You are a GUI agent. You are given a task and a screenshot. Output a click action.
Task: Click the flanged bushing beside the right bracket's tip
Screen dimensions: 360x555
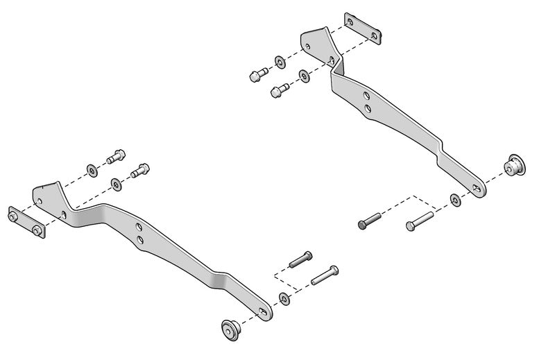(x=514, y=164)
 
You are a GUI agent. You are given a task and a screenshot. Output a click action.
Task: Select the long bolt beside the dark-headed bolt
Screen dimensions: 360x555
(x=419, y=220)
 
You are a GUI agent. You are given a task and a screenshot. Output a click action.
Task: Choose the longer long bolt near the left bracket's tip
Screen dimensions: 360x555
(x=324, y=275)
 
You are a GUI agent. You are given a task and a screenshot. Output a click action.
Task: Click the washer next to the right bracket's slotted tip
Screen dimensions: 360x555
(x=455, y=200)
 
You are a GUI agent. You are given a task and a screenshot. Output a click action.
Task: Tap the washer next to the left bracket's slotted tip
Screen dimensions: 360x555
(x=284, y=298)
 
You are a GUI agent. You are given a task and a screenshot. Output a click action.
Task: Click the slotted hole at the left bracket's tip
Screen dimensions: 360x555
(x=263, y=311)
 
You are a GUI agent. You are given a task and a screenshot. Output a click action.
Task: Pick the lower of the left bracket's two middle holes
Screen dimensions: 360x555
(x=140, y=240)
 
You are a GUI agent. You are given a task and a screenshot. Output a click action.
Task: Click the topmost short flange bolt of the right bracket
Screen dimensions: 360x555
(x=257, y=73)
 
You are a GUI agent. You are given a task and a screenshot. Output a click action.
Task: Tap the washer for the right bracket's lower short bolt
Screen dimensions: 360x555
(x=304, y=75)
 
